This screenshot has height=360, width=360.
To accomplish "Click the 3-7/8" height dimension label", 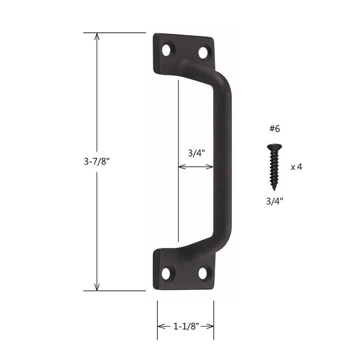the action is (x=96, y=161).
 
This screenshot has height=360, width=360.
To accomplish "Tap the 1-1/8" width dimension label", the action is (x=186, y=326).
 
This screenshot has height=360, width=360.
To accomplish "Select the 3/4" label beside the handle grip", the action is (x=196, y=153).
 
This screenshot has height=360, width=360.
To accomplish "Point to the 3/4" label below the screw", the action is (x=275, y=201).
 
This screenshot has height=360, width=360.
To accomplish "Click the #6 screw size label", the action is (x=275, y=129).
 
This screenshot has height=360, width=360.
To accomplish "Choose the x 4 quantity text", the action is (x=296, y=167).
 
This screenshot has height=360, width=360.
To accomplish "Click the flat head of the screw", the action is (x=274, y=147).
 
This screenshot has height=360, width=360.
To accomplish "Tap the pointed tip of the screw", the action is (x=274, y=190).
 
